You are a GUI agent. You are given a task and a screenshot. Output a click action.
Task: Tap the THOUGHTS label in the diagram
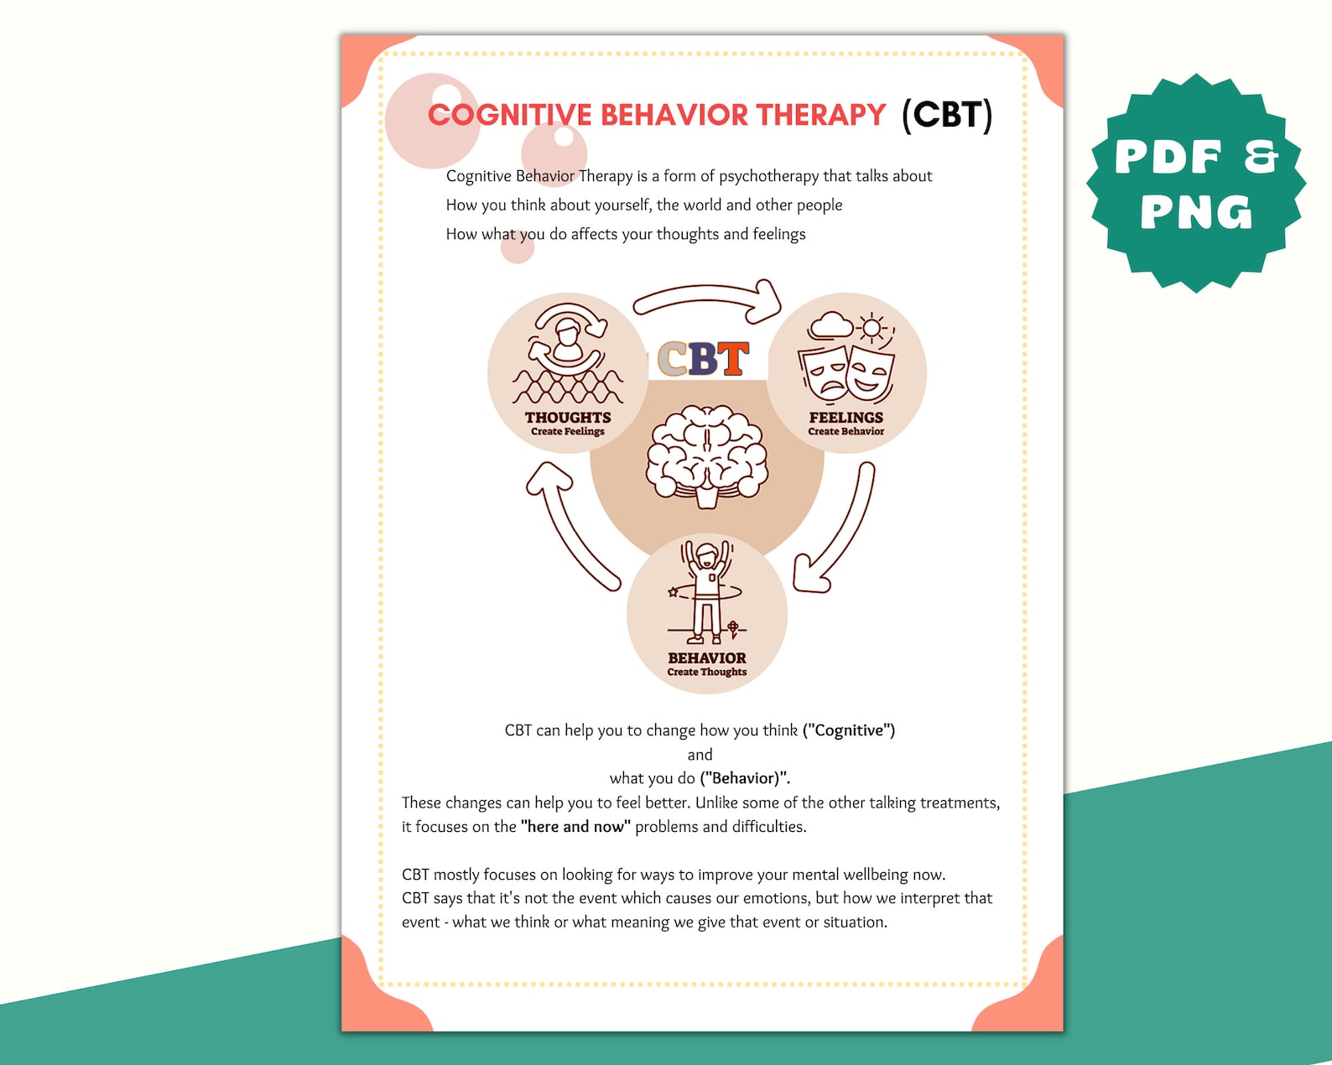[568, 418]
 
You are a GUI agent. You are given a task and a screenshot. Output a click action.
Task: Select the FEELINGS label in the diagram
[846, 418]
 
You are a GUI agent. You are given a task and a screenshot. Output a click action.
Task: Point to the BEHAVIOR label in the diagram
[707, 658]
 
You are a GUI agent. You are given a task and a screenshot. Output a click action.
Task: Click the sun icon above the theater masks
[873, 328]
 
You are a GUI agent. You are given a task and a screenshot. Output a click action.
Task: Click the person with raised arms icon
[706, 591]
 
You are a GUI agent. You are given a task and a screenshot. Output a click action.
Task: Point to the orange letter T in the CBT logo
[732, 360]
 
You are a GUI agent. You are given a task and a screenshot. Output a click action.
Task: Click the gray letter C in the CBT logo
[672, 360]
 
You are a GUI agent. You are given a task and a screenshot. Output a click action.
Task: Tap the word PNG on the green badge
[1196, 213]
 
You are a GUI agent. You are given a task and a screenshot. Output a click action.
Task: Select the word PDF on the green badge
[1168, 158]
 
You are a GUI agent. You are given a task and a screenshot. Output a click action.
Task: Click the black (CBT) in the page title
[947, 115]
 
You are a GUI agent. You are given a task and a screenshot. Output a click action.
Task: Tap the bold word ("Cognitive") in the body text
[849, 730]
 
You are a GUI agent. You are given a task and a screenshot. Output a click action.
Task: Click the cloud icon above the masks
[830, 325]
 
